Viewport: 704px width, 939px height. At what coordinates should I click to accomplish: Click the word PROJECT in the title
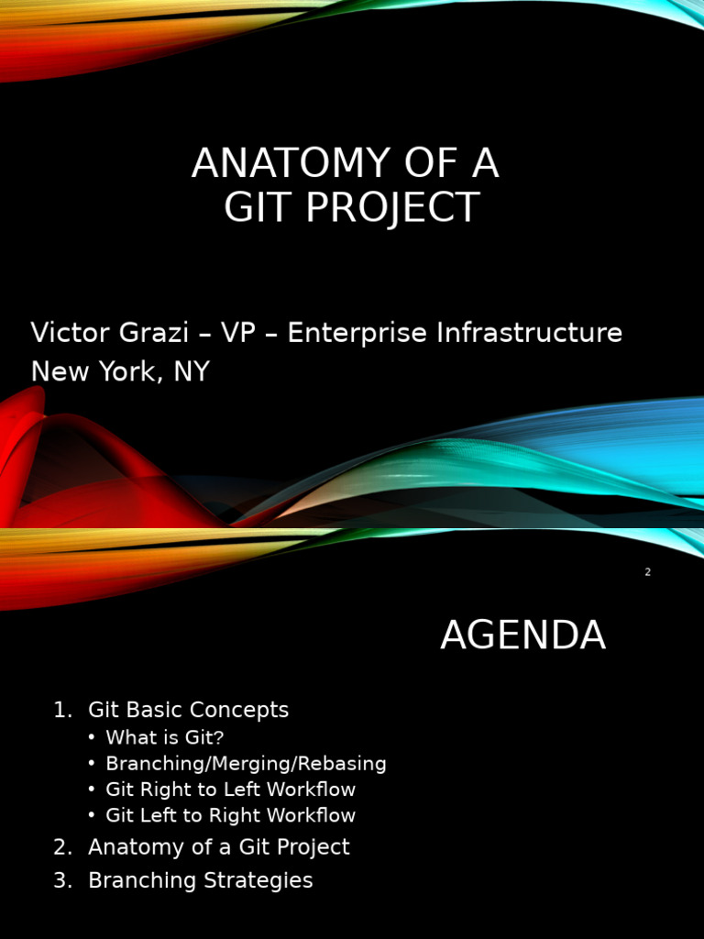click(x=392, y=208)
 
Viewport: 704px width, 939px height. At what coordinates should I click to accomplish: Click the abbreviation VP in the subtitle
click(x=238, y=333)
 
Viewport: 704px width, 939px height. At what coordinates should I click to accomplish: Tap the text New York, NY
click(x=120, y=371)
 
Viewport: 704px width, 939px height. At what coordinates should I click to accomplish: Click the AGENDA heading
click(x=522, y=635)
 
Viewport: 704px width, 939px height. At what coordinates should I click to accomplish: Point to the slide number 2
click(x=647, y=572)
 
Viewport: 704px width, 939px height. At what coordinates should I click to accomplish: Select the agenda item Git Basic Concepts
click(x=188, y=710)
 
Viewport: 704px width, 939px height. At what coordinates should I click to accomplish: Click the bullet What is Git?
click(x=164, y=737)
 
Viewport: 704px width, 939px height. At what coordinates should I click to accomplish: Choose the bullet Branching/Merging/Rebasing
click(x=246, y=763)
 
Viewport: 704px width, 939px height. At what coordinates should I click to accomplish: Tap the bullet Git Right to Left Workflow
click(x=230, y=789)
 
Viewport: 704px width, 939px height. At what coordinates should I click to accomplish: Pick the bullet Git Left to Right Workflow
click(x=230, y=814)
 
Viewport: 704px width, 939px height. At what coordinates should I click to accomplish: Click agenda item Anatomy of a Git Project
click(x=218, y=846)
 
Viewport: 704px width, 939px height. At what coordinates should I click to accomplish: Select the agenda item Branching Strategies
click(x=200, y=880)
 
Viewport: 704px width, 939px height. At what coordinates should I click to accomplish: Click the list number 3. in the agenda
click(x=62, y=880)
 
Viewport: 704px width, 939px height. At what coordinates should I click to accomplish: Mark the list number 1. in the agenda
click(x=62, y=710)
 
